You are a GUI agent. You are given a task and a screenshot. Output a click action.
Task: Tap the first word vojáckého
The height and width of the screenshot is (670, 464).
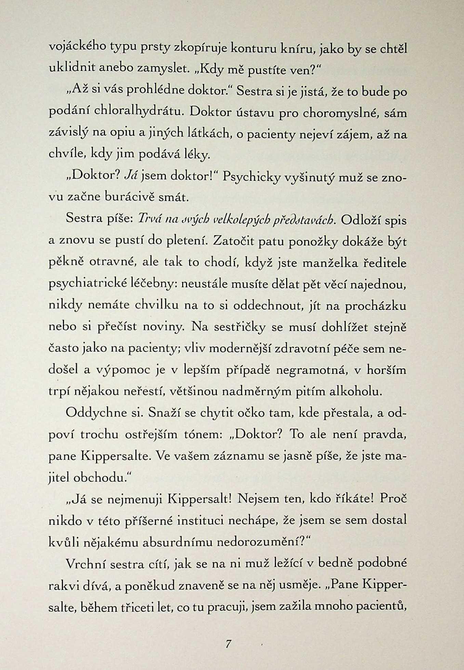click(x=77, y=47)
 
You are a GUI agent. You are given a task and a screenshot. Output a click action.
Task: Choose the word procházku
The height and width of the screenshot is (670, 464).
click(x=375, y=306)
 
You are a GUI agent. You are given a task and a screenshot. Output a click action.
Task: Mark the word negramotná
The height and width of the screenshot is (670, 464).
click(x=311, y=370)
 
